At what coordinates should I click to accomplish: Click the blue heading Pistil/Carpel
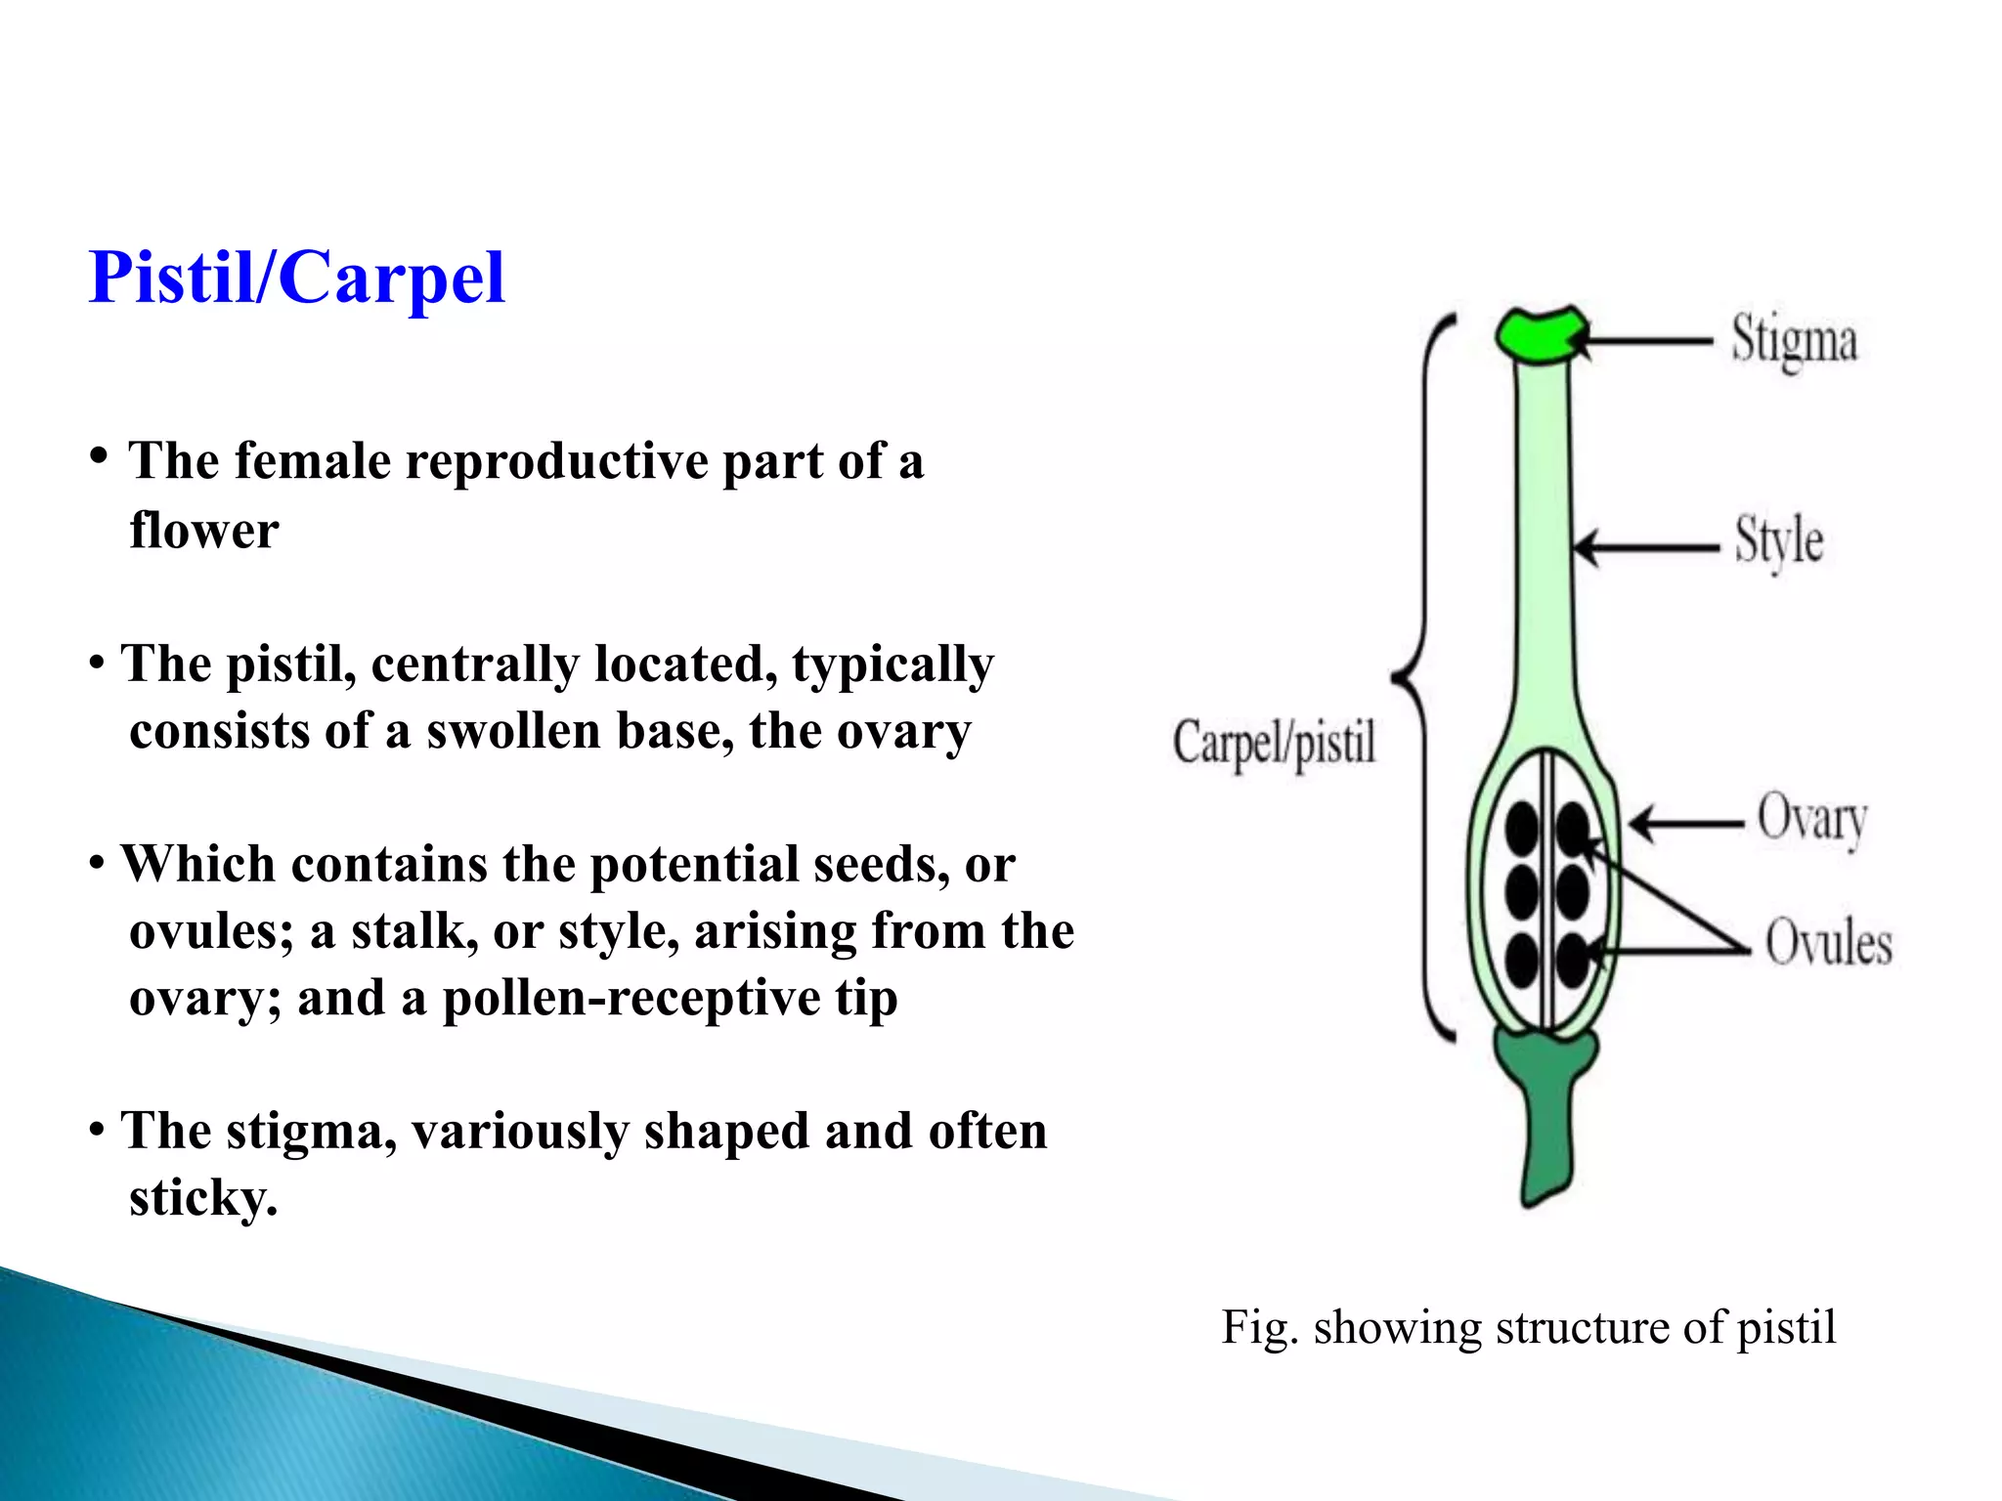coord(296,278)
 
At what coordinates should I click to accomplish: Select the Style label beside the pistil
coord(1778,540)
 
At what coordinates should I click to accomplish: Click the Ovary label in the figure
coord(1811,819)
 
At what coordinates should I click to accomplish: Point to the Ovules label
coord(1827,943)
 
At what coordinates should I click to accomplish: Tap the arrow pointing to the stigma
coord(1647,341)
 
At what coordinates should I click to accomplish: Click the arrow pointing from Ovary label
coord(1686,823)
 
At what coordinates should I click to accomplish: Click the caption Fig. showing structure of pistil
coord(1528,1327)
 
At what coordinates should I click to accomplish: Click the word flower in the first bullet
coord(203,531)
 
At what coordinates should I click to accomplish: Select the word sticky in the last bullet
coord(202,1197)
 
